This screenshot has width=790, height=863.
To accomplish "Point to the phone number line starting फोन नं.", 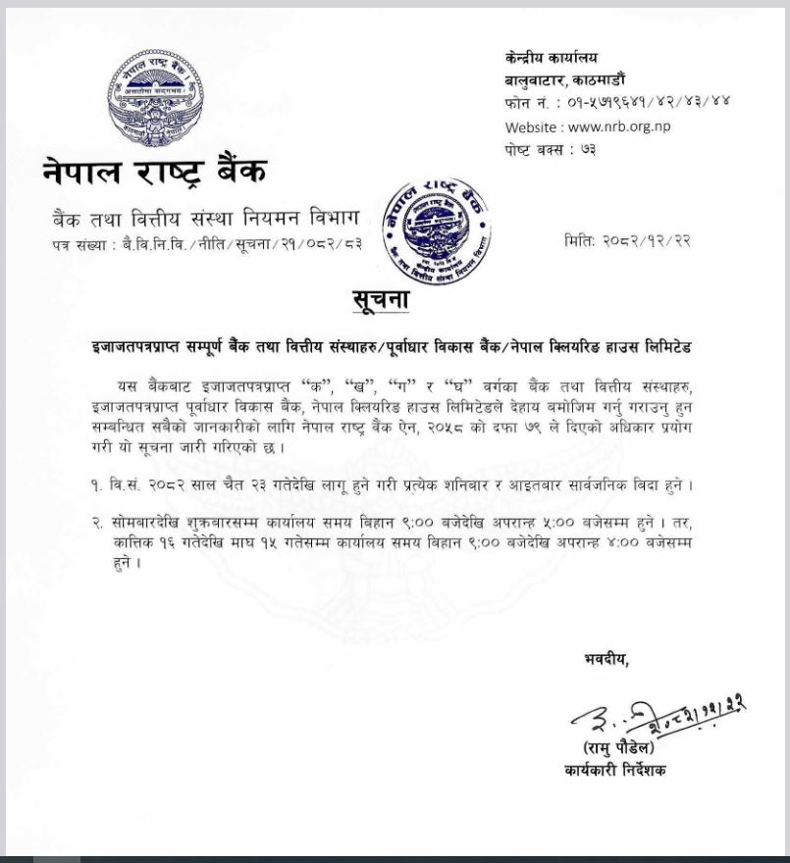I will (617, 102).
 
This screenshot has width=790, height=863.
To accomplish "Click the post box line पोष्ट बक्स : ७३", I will (550, 149).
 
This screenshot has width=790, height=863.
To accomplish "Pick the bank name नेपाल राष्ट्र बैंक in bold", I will (154, 172).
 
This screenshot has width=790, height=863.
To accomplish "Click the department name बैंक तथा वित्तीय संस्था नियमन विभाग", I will (206, 217).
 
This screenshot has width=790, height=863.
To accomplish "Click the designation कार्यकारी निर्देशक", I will (614, 771).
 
